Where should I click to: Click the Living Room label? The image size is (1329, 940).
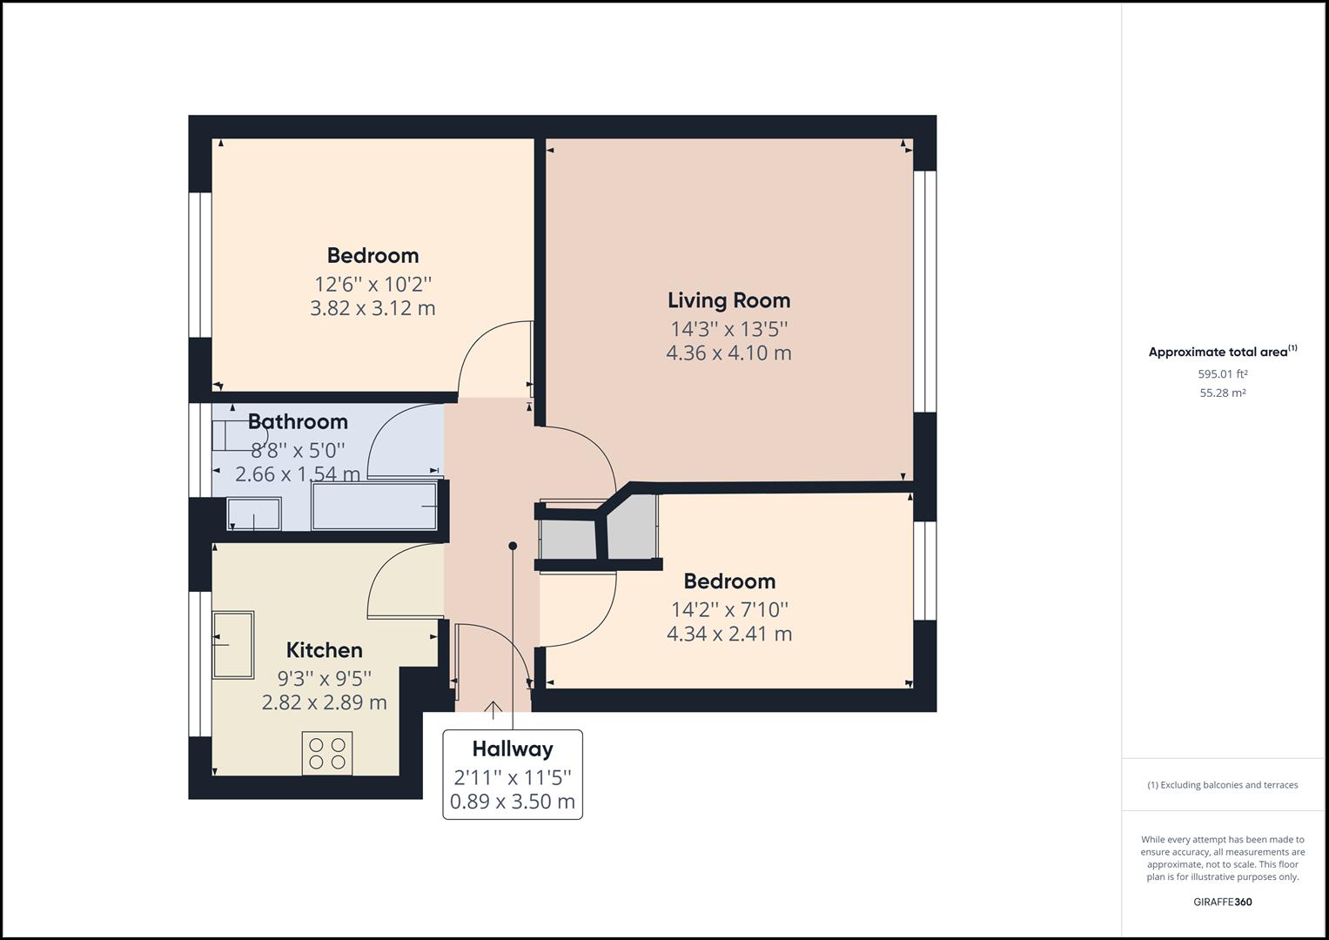coord(728,300)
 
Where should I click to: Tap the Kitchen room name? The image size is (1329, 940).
coord(324,650)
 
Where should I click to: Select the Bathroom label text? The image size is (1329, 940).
coord(298,422)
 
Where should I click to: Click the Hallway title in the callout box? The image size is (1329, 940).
coord(513,749)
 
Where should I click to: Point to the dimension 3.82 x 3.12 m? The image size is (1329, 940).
coord(373,308)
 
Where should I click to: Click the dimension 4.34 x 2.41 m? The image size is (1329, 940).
coord(728,634)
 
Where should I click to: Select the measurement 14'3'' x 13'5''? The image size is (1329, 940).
coord(728,329)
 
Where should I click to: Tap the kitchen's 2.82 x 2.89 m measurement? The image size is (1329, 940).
coord(324,702)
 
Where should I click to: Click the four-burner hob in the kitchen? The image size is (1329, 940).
coord(327,754)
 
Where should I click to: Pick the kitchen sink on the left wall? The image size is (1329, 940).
coord(233,644)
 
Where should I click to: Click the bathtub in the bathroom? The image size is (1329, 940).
coord(374,506)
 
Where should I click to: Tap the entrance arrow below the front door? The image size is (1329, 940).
coord(493,710)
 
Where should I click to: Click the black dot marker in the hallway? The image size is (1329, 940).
coord(513,546)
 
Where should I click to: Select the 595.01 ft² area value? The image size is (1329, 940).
coord(1222,374)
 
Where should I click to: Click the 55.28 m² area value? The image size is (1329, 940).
coord(1222,393)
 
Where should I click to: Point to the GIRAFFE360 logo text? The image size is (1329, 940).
coord(1222,902)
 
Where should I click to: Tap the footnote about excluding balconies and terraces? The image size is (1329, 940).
coord(1222,785)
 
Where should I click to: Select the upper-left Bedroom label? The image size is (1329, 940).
coord(373,256)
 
